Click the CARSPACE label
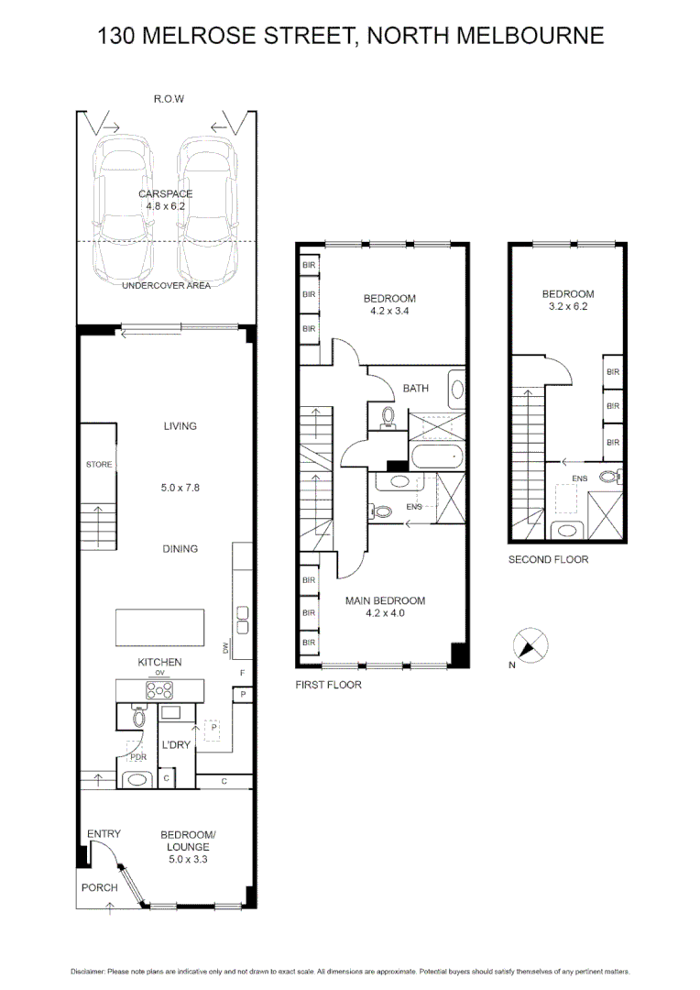(x=167, y=194)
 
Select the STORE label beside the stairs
(x=99, y=465)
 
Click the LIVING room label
(x=180, y=426)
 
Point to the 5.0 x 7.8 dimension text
(x=180, y=488)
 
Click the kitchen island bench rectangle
(x=160, y=628)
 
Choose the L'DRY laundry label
(x=176, y=745)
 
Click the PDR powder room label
(x=138, y=758)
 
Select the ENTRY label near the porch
(x=104, y=833)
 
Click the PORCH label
(x=99, y=887)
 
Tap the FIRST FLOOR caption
(x=328, y=685)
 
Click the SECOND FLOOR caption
(x=548, y=559)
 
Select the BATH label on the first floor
(x=416, y=389)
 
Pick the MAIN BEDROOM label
(x=385, y=601)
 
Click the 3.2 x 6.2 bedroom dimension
(x=568, y=307)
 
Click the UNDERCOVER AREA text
(x=167, y=286)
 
